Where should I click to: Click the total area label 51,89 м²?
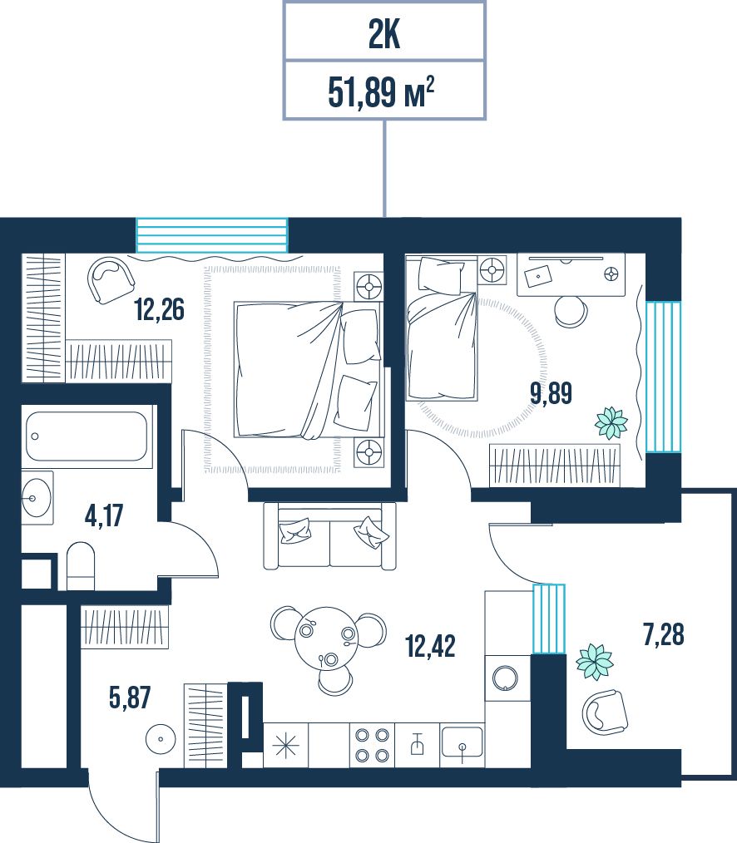381,91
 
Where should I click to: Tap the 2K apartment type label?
384,36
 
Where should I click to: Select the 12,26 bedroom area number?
159,309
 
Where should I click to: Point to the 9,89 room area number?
551,393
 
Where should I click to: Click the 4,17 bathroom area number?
104,515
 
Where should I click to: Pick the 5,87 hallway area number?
130,698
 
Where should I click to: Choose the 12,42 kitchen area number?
430,646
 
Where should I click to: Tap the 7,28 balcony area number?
663,633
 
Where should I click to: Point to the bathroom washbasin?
37,498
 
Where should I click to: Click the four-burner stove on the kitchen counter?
373,745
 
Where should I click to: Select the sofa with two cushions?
329,535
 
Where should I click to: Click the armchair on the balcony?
606,713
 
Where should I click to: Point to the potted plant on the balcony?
595,661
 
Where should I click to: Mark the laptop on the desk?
538,276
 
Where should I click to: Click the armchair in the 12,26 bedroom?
111,280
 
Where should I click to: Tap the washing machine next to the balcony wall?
506,678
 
